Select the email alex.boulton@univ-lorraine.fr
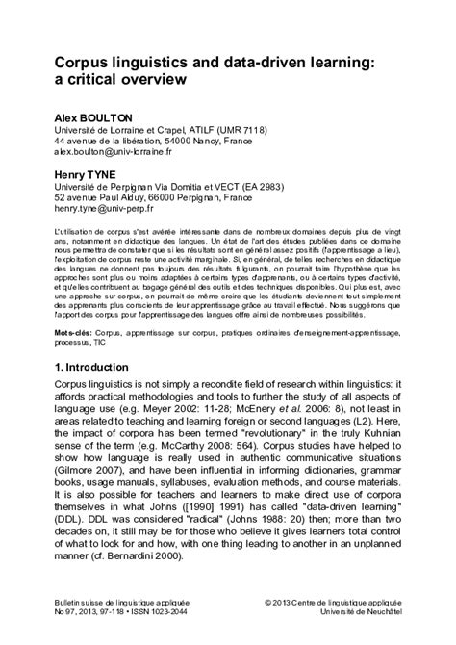click(113, 151)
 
